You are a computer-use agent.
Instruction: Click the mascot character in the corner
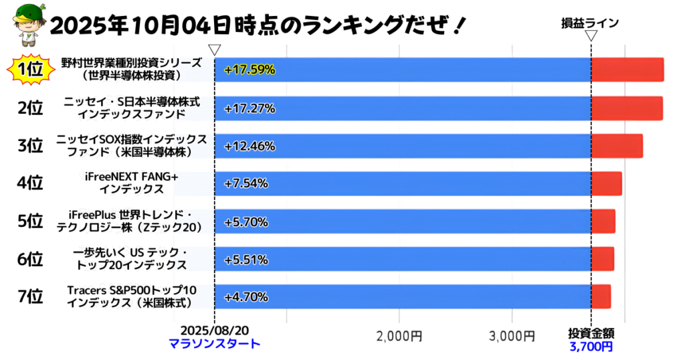click(24, 26)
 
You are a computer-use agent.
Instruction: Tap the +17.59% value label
click(250, 70)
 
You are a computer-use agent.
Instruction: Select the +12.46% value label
click(250, 145)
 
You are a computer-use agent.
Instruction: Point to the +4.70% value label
click(246, 296)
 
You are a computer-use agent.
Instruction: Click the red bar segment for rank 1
click(627, 70)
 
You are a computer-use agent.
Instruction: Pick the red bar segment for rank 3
click(617, 145)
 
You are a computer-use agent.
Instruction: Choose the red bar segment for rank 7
click(601, 296)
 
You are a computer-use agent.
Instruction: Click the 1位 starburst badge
click(29, 70)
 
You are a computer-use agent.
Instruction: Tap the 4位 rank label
click(30, 183)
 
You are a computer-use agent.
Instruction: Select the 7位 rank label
click(30, 296)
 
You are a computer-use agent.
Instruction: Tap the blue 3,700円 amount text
click(591, 346)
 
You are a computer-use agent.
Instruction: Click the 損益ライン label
click(590, 23)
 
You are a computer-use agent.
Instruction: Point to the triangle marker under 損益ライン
click(591, 36)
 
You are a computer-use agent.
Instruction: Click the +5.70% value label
click(246, 221)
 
